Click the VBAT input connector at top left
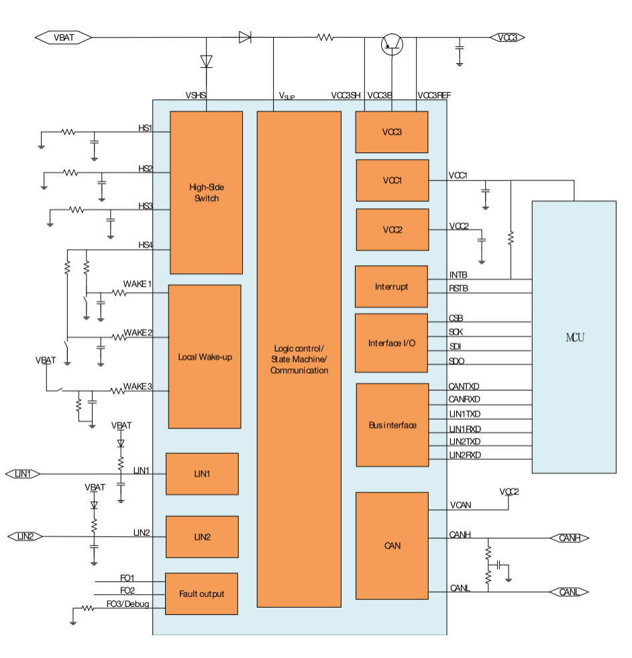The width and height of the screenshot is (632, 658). coord(63,38)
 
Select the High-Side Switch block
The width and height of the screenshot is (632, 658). coord(207,193)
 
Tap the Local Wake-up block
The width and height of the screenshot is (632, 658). coord(205,357)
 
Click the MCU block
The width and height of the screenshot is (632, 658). coord(574,337)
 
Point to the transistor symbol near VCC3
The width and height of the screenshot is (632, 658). coord(392,44)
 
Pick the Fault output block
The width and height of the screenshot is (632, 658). coord(202,594)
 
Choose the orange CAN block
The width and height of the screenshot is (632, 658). coord(392,545)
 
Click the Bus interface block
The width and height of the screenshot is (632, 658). coord(392,424)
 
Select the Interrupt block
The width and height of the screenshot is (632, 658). coord(391,287)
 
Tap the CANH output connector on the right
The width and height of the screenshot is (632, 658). coord(570,538)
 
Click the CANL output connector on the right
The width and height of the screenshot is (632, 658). coord(569,592)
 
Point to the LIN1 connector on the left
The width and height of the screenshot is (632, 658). coord(23,474)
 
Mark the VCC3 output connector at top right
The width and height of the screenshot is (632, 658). coord(507,38)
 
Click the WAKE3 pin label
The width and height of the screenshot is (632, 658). coord(138,386)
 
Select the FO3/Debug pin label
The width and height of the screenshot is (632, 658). coord(128,604)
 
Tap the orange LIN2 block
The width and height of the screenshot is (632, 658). coord(202,536)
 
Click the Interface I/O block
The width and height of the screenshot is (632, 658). coord(391,343)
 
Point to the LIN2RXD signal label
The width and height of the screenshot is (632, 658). coord(465,455)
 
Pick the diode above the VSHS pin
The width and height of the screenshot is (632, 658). coord(207,61)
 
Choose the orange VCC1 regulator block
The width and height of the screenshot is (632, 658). coord(392,180)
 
